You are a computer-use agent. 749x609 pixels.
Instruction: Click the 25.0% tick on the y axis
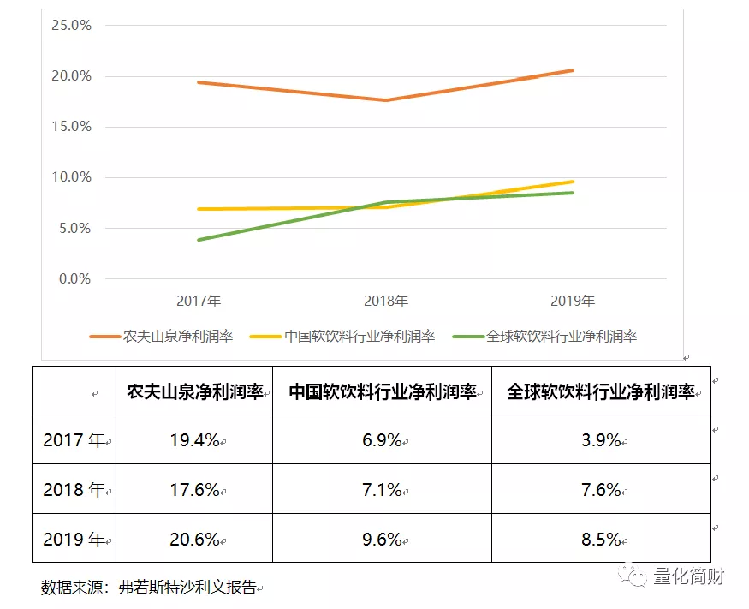pos(70,25)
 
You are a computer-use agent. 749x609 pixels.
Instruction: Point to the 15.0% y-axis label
pos(70,127)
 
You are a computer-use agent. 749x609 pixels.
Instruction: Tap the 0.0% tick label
pos(73,279)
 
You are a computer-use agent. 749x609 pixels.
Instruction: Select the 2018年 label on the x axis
pos(386,302)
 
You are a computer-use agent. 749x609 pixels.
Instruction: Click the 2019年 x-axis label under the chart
pos(573,302)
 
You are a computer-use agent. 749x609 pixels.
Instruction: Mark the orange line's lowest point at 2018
pos(386,100)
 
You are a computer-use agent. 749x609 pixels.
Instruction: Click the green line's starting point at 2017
pos(199,240)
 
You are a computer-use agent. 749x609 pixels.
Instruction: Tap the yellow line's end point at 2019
pos(572,182)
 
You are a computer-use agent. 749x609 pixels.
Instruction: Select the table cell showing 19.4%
pos(194,440)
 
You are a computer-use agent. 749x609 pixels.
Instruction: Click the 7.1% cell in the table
pos(382,489)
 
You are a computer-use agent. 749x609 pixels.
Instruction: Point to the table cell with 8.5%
pos(601,539)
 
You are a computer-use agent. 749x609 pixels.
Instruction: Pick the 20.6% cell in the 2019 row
pos(194,539)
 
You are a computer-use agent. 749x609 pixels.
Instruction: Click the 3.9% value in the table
pos(601,440)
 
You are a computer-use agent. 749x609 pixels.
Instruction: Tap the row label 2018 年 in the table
pos(74,489)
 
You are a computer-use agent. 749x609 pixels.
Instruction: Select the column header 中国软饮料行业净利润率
pos(382,391)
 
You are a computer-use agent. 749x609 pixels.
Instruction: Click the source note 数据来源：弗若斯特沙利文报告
pos(149,588)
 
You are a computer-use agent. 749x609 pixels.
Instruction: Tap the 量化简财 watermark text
pos(689,576)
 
